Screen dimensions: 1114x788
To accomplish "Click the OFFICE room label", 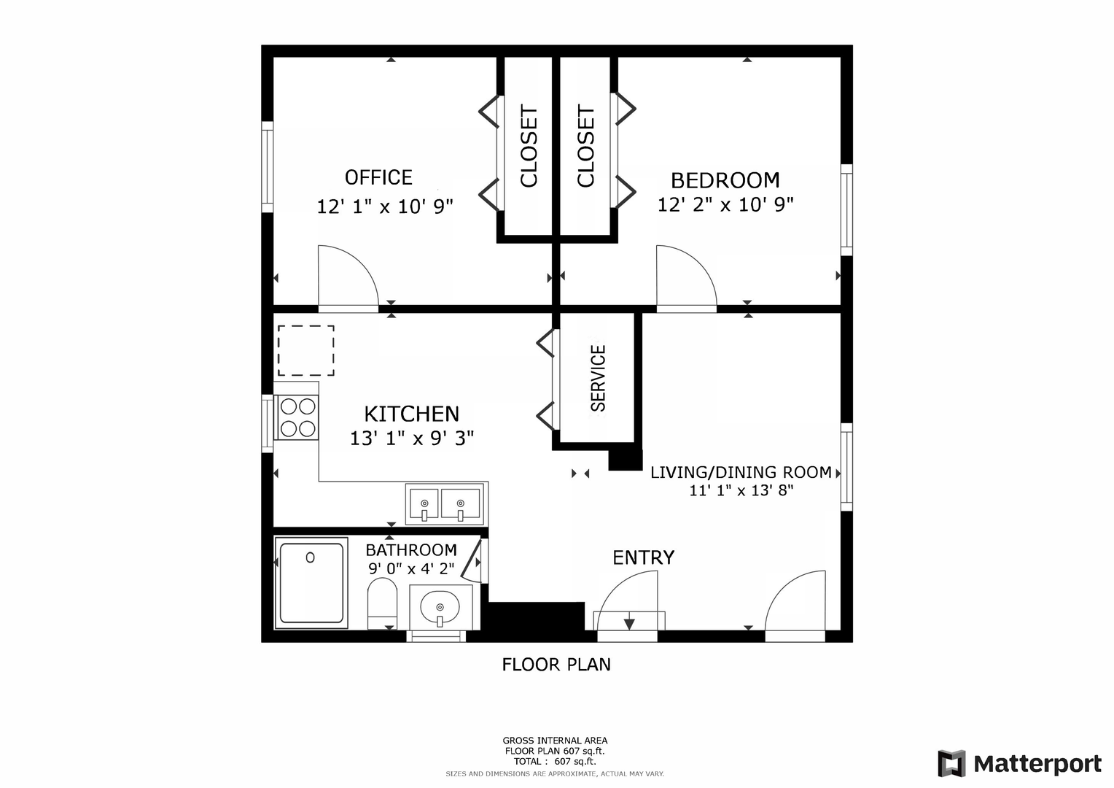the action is (378, 177).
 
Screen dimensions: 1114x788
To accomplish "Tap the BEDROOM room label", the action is (725, 180).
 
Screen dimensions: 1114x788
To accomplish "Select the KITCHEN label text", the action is (411, 414).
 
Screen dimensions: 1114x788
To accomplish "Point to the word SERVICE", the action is (598, 379).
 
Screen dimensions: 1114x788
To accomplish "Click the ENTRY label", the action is (643, 557).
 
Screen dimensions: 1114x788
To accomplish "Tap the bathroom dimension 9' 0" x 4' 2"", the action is (411, 568).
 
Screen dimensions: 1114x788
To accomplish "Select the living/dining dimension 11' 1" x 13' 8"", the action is (741, 491).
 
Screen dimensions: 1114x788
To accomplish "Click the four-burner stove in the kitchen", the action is (298, 417).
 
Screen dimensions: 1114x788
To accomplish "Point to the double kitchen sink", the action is (445, 503).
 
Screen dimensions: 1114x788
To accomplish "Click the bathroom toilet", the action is (382, 603).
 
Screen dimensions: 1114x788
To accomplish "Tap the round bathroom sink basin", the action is (440, 607).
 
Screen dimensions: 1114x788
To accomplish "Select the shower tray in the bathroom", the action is (311, 583).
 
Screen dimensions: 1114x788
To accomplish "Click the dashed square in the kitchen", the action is (306, 350).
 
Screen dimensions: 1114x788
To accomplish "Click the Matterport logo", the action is (1019, 763).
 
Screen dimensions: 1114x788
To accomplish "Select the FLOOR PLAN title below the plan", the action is (556, 665).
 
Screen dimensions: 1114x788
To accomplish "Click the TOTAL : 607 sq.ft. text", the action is (555, 761).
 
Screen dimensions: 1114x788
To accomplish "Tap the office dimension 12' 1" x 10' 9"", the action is (385, 206).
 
